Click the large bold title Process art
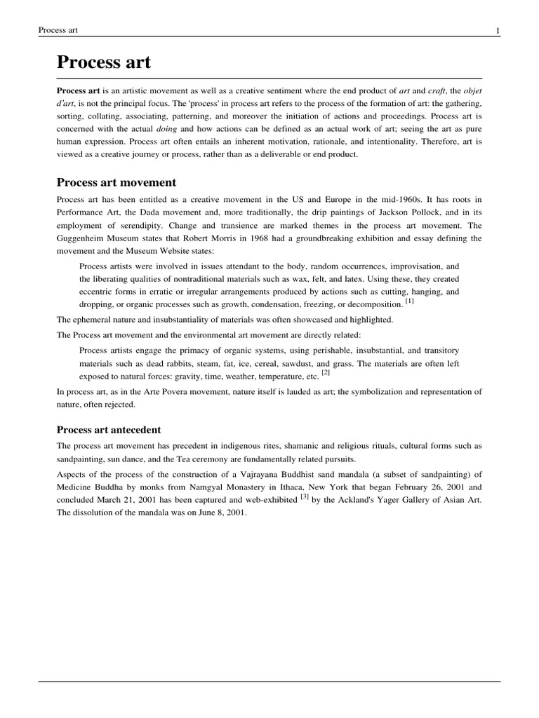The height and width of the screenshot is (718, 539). (103, 63)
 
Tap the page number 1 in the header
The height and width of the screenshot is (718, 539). (497, 29)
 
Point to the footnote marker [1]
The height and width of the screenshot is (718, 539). (410, 302)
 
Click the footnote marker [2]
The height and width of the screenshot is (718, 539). (326, 373)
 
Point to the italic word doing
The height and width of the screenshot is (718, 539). (173, 129)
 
